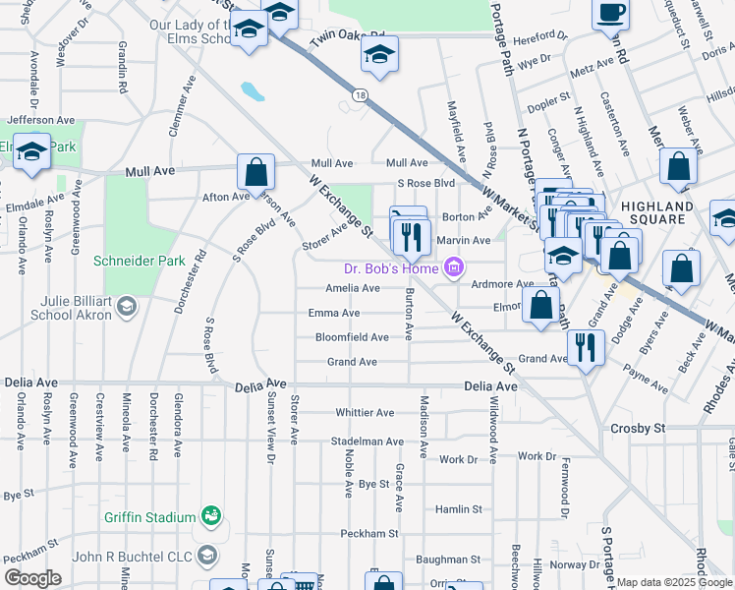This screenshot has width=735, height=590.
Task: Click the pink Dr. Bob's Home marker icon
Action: click(x=453, y=266)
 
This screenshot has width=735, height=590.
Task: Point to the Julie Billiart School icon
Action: click(x=125, y=309)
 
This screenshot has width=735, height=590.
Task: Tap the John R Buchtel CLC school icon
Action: click(x=207, y=557)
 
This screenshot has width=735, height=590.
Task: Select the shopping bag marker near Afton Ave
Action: click(x=255, y=172)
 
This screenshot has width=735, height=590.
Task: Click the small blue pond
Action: click(x=253, y=92)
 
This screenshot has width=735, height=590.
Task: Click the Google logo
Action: click(x=32, y=578)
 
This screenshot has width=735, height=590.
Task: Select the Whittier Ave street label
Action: click(x=365, y=413)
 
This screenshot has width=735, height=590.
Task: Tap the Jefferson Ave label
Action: click(x=41, y=120)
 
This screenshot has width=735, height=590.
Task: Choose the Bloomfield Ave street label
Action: click(x=352, y=337)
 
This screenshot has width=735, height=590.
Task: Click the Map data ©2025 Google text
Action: click(x=675, y=583)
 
